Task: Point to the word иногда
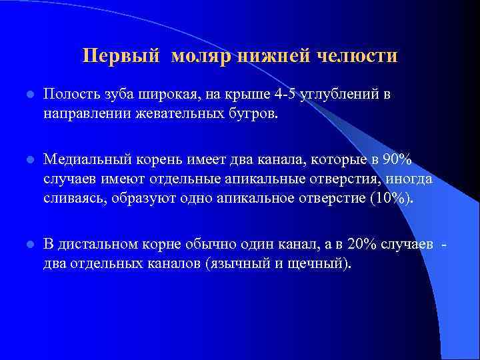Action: (411, 179)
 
